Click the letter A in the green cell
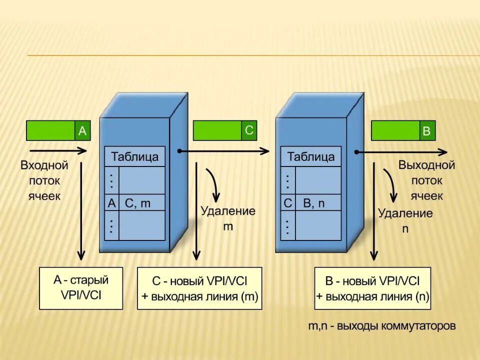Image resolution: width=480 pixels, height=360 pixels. coord(82,131)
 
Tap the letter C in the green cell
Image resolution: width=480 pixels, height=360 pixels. coord(249,130)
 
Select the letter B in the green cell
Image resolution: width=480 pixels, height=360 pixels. coord(426,131)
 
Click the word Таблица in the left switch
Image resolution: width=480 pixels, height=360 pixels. coord(134,156)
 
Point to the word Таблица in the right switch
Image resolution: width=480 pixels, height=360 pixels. coord(310,156)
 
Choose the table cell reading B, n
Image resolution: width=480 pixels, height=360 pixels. coord(317,203)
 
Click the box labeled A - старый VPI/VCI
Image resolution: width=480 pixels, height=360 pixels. coord(81,287)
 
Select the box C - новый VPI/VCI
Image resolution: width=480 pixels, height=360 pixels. coord(199,288)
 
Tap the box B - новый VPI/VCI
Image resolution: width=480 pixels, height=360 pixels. coord(372,288)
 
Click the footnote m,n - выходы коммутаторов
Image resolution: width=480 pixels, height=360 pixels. coord(381,326)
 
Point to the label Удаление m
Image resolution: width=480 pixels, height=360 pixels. coord(227,218)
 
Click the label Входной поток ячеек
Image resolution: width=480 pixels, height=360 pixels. coord(44,180)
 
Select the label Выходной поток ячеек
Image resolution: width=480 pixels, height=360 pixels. coord(426,180)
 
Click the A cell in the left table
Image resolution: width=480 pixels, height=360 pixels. coord(111,203)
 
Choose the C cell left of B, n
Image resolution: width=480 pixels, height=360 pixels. coord(287,203)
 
